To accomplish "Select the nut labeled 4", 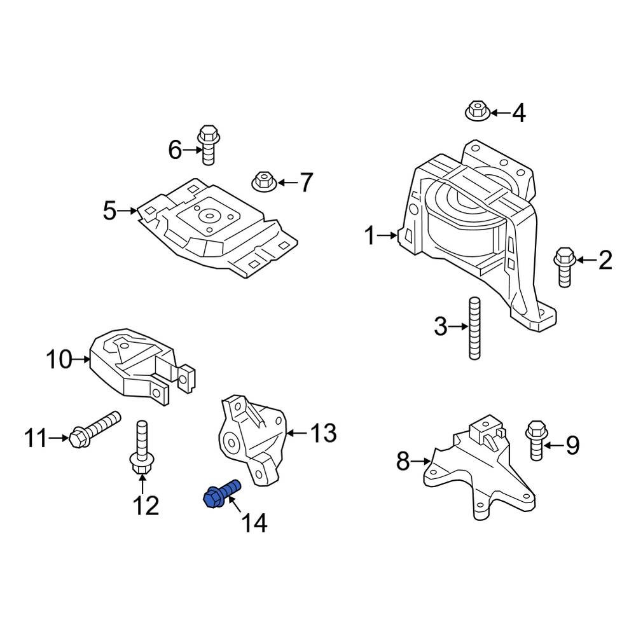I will pos(476,111).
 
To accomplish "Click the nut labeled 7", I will pos(263,180).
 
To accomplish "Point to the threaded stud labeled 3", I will pos(474,328).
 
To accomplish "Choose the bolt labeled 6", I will pos(207,144).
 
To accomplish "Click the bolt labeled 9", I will pos(536,440).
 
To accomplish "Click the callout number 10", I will pos(60,360).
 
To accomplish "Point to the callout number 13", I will pos(323,434).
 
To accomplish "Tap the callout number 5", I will pos(110,210).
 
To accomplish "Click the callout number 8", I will pos(403,460).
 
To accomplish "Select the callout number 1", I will pos(370,237).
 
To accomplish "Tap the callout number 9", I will pos(572,445).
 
